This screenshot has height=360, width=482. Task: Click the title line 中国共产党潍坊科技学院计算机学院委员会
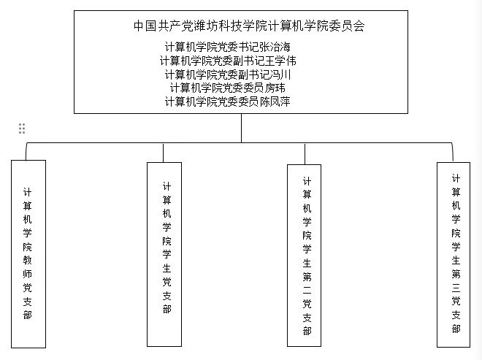(x=249, y=26)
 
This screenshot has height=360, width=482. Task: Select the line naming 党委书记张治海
(x=227, y=47)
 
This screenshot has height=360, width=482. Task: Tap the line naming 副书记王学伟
(x=228, y=61)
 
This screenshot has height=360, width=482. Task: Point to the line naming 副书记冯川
(x=227, y=74)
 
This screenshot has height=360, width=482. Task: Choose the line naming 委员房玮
(x=227, y=88)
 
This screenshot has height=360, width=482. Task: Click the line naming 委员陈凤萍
(x=227, y=102)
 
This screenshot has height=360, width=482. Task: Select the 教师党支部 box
(x=28, y=254)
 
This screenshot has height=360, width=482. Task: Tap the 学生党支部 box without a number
(x=164, y=254)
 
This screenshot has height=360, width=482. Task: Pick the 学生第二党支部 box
(x=304, y=256)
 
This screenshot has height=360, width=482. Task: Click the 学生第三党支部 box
(x=454, y=255)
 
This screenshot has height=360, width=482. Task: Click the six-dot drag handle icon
(x=22, y=129)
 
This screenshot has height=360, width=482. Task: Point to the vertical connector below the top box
(x=241, y=128)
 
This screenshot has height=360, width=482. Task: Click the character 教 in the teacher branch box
(x=27, y=261)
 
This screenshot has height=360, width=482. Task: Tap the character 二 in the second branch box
(x=307, y=290)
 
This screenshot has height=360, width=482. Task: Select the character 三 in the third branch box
(x=456, y=288)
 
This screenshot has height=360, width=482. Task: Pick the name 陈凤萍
(x=275, y=102)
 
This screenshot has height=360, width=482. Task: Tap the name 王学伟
(x=280, y=61)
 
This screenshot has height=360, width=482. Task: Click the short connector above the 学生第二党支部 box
(x=305, y=154)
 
